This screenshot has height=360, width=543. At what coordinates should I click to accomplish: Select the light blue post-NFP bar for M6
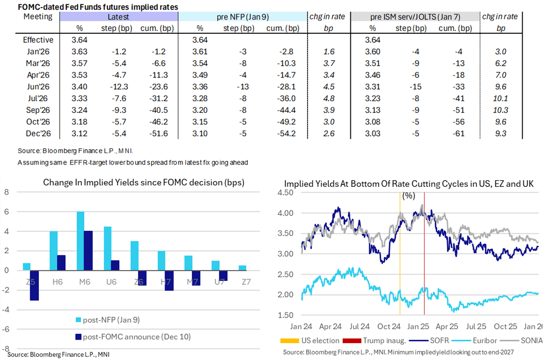[x=81, y=241]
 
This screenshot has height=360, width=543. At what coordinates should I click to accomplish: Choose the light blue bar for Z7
[x=242, y=268]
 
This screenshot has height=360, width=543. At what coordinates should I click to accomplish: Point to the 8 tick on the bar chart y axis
[x=7, y=192]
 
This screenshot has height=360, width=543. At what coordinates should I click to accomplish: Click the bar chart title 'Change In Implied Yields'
[x=144, y=182]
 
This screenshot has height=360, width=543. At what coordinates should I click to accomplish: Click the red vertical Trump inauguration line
[x=424, y=255]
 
